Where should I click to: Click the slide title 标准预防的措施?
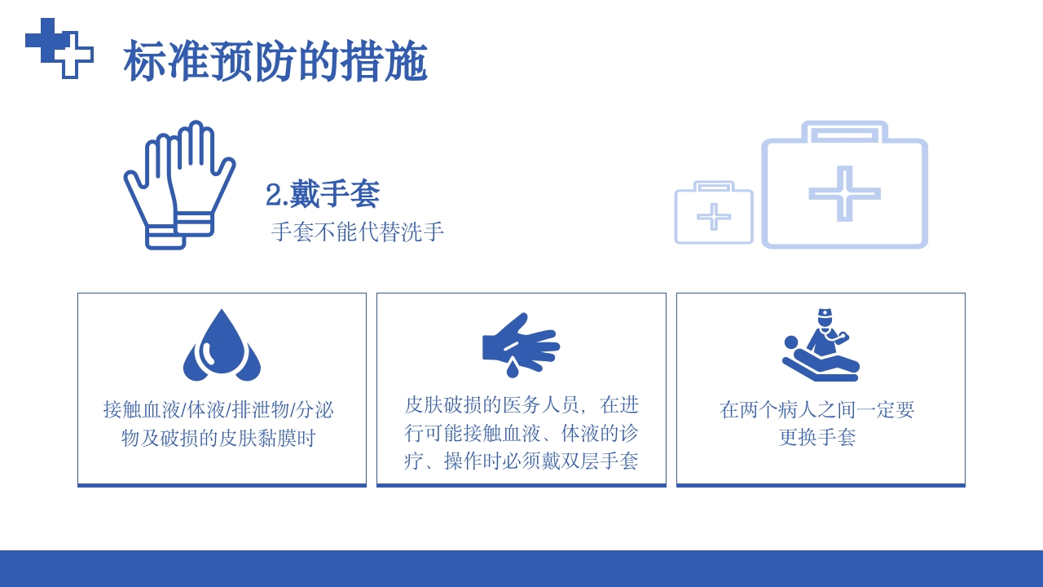point(275,61)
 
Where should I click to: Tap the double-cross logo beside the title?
point(59,48)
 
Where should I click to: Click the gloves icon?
point(179,185)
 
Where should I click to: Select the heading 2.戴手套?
point(323,195)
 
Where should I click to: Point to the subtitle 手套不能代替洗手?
point(358,232)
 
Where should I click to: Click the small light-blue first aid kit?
point(714,214)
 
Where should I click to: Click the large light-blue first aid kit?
point(844,188)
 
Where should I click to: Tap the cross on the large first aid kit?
point(844,194)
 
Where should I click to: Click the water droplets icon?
point(222,346)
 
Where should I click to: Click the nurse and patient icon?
point(821,346)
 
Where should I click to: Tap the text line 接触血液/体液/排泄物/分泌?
point(219,409)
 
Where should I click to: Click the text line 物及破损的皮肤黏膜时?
point(219,439)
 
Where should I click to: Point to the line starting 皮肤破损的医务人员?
point(521,404)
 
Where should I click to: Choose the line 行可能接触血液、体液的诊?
point(521,433)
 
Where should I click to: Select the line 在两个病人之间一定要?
point(817,409)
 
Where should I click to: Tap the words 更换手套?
point(817,438)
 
